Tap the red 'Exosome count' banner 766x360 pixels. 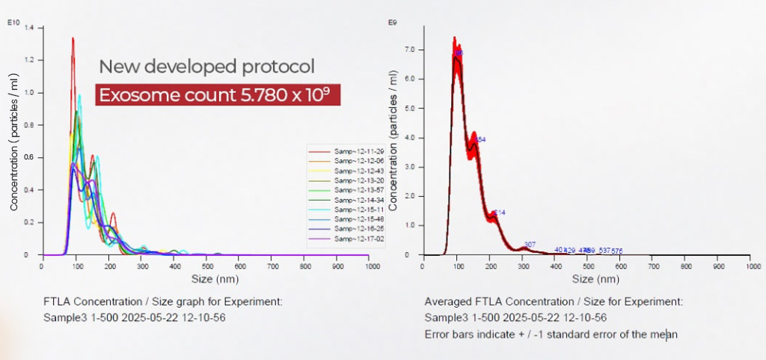click(x=218, y=95)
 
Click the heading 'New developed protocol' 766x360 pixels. click(x=206, y=66)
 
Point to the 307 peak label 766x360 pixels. click(x=530, y=245)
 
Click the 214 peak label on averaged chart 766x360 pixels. click(x=500, y=213)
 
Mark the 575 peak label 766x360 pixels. click(x=617, y=251)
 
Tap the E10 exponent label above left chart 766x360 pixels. click(x=13, y=22)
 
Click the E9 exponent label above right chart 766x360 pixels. click(x=392, y=22)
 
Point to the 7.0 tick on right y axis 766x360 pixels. click(x=410, y=49)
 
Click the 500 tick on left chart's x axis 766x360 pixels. click(x=205, y=266)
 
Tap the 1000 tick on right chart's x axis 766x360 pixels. click(x=751, y=266)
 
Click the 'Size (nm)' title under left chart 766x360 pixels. click(x=206, y=279)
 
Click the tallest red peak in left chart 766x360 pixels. click(x=73, y=39)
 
